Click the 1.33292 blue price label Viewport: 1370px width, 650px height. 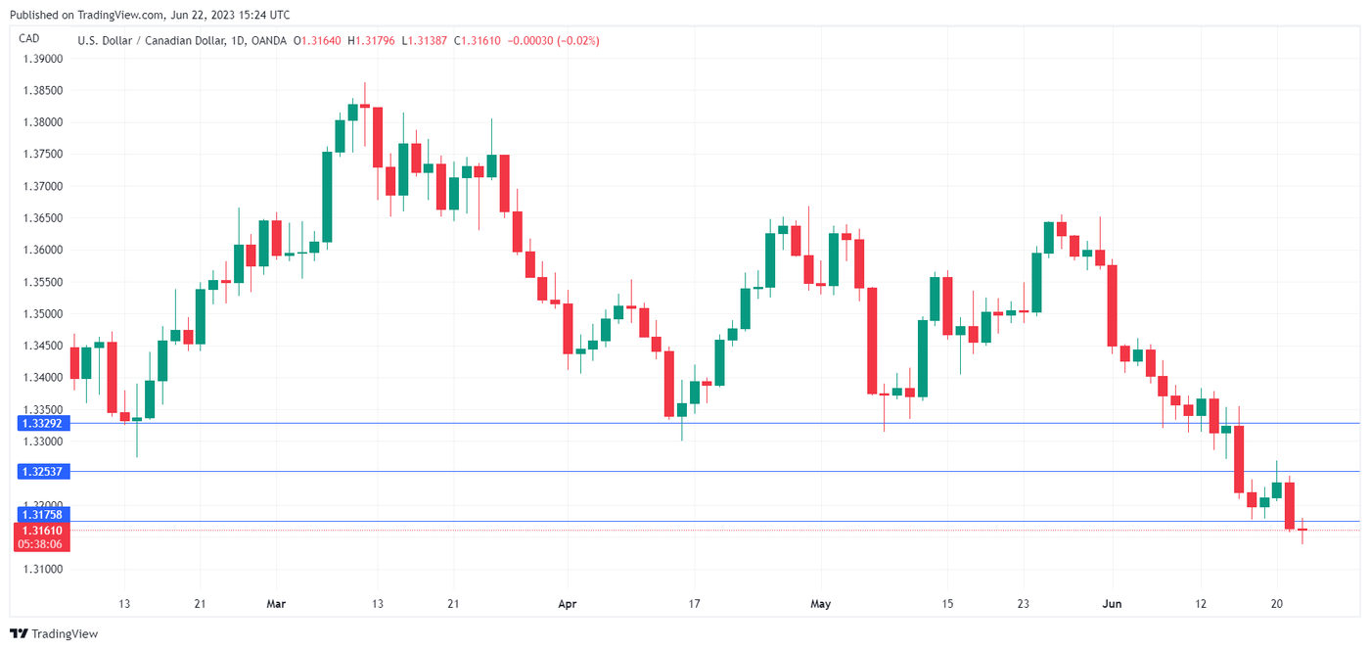pyautogui.click(x=40, y=424)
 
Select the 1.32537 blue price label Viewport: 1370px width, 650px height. pyautogui.click(x=40, y=472)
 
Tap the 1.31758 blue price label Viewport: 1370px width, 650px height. pyautogui.click(x=40, y=515)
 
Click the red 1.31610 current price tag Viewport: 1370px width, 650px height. pyautogui.click(x=40, y=531)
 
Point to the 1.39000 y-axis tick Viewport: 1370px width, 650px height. pyautogui.click(x=42, y=59)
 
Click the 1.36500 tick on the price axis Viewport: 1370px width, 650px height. pyautogui.click(x=42, y=218)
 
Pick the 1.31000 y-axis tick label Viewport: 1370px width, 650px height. pyautogui.click(x=42, y=570)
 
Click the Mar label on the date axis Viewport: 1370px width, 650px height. pyautogui.click(x=276, y=605)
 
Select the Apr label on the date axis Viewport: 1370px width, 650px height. pyautogui.click(x=567, y=605)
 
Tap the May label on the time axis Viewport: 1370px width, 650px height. pyautogui.click(x=820, y=605)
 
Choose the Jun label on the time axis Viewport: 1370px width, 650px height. pyautogui.click(x=1112, y=605)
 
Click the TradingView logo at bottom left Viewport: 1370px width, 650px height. pyautogui.click(x=54, y=634)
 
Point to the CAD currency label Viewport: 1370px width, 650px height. pyautogui.click(x=29, y=38)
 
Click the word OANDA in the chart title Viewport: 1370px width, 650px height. pyautogui.click(x=268, y=41)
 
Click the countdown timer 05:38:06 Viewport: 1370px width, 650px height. pyautogui.click(x=40, y=544)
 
